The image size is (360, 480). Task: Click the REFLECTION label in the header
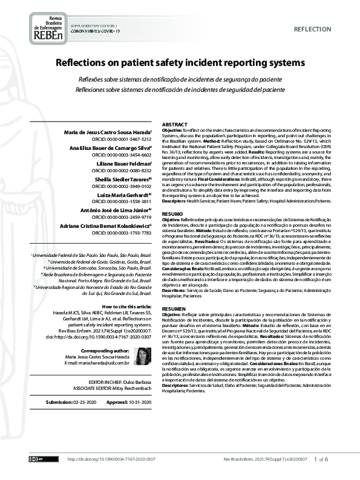(312, 30)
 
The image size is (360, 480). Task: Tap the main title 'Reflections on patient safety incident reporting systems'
(180, 63)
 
